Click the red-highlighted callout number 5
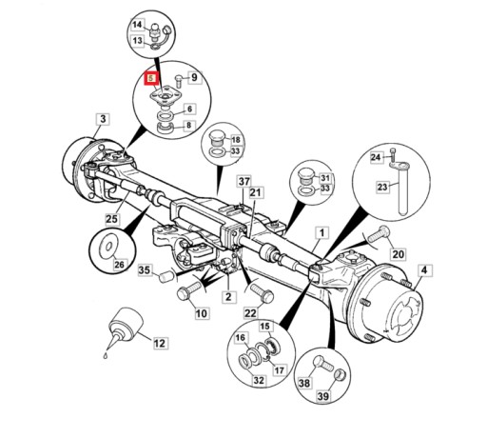tap(150, 78)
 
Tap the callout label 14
tap(137, 25)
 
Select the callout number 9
tap(194, 77)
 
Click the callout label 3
tap(103, 119)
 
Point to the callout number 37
tap(244, 182)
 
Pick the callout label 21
tap(255, 192)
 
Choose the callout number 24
tap(376, 157)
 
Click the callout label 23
tap(382, 187)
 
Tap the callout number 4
tap(424, 270)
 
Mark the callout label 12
tap(160, 343)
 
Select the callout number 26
tap(119, 264)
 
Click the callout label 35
tap(145, 270)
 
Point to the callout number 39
tap(323, 396)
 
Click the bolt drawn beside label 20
tap(378, 234)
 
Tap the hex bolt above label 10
tap(188, 289)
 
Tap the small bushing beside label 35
tap(166, 277)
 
